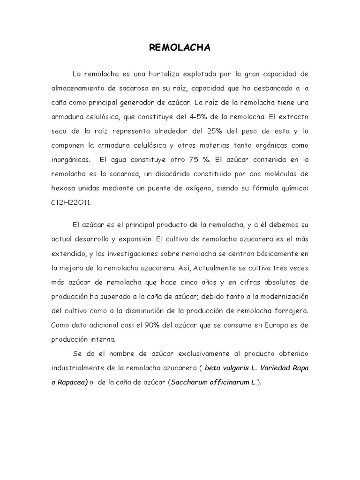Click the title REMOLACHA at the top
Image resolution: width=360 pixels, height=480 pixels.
pyautogui.click(x=180, y=47)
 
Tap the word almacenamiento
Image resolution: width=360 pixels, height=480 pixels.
pyautogui.click(x=82, y=88)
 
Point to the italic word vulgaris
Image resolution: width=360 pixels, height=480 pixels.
pyautogui.click(x=237, y=369)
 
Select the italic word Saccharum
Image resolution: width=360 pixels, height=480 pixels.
pyautogui.click(x=188, y=382)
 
